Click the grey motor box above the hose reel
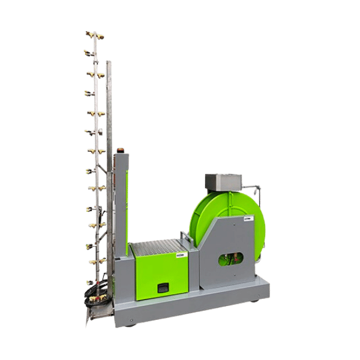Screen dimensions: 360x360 (223, 181)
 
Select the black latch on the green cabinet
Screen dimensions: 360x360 (163, 288)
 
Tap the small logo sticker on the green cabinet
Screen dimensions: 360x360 (180, 257)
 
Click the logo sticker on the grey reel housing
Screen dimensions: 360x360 (248, 220)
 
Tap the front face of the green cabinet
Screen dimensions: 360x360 (160, 276)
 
